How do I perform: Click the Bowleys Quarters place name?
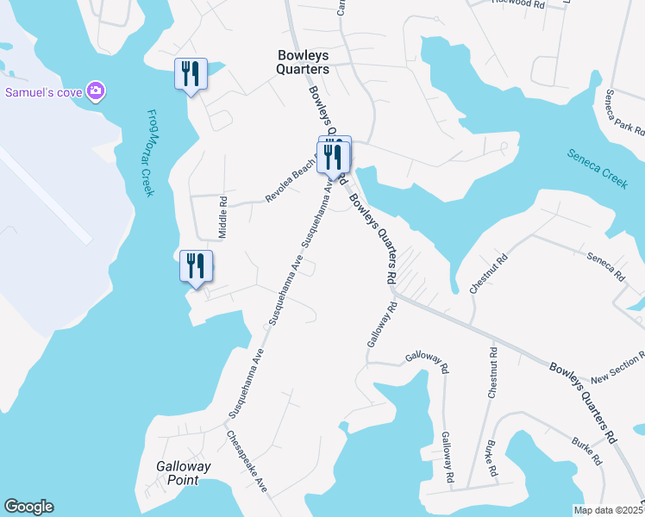(x=303, y=62)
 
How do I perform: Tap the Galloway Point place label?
(x=183, y=473)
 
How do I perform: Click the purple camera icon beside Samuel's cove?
(x=96, y=90)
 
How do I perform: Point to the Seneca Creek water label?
(x=597, y=168)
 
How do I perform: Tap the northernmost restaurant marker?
(x=191, y=74)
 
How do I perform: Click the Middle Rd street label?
(x=222, y=218)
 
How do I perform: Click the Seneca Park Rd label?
(x=625, y=112)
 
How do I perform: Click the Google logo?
(x=28, y=507)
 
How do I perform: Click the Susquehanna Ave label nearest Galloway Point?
(x=246, y=383)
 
